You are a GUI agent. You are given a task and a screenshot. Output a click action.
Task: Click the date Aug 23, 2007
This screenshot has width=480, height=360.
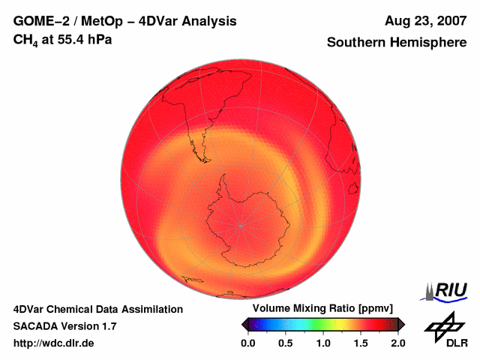[x=425, y=22]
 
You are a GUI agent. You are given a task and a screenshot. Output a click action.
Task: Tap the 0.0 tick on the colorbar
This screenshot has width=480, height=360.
[x=248, y=343]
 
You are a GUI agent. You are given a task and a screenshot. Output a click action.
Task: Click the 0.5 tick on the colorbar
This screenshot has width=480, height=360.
[x=286, y=343]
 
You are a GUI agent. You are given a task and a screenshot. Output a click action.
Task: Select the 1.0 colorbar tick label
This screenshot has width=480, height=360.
[x=323, y=343]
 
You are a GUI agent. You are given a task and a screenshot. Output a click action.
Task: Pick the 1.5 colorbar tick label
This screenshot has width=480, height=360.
[x=361, y=343]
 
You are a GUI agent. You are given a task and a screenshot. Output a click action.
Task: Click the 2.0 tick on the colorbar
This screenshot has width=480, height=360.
[x=397, y=343]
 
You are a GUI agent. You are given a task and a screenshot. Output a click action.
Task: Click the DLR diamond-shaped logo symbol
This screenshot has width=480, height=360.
[x=442, y=325]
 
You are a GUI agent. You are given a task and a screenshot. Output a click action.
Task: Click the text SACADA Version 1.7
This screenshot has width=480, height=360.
[x=65, y=326]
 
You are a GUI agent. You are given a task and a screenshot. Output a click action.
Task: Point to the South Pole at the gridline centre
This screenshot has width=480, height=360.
[x=241, y=224]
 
